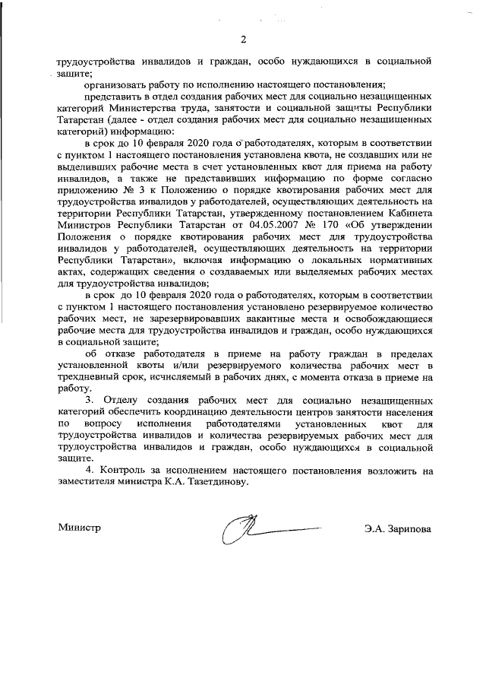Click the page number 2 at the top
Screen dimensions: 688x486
pyautogui.click(x=244, y=40)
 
